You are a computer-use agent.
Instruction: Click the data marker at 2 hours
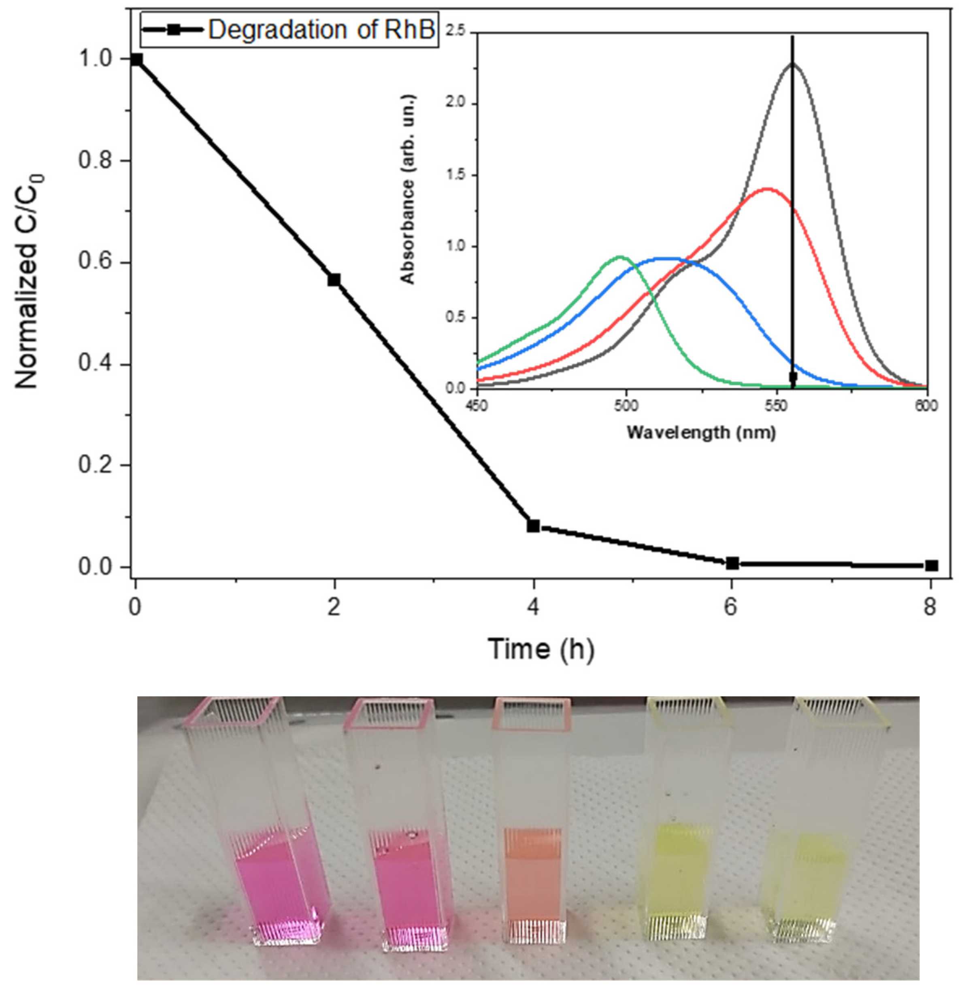(334, 280)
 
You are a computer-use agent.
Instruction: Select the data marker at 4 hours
(533, 525)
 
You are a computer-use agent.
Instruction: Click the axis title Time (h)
(540, 649)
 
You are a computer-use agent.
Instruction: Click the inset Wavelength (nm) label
(701, 433)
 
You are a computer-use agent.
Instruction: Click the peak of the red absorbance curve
(767, 189)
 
